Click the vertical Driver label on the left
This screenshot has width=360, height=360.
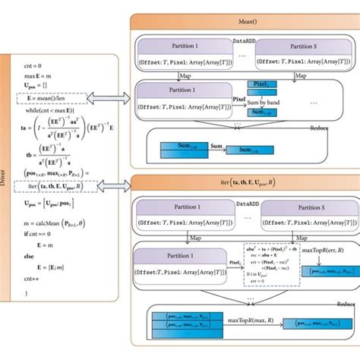pos(7,183)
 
